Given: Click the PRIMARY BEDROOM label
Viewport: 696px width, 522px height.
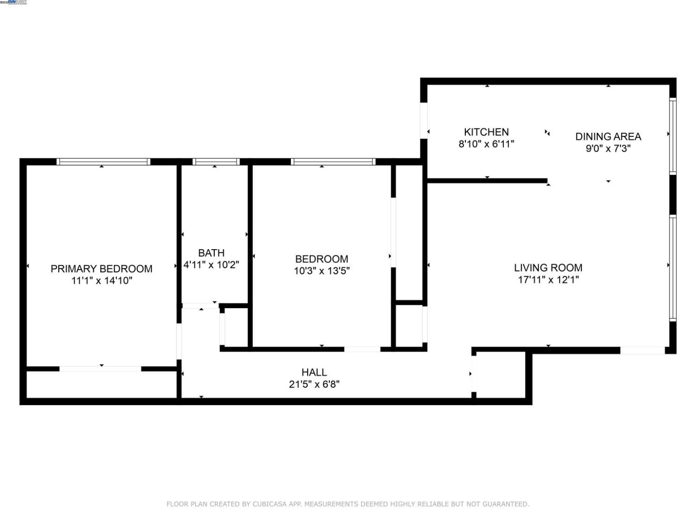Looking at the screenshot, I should tap(101, 269).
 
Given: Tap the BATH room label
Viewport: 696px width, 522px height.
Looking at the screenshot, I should tap(211, 253).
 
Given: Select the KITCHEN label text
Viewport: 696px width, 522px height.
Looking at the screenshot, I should tap(486, 132).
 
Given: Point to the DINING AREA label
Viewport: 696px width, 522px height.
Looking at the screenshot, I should tap(608, 136).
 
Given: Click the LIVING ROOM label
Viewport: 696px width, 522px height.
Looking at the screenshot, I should tap(548, 268).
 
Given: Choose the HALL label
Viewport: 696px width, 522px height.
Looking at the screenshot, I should tap(314, 372).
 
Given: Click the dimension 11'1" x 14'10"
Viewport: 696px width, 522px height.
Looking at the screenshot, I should tap(102, 281).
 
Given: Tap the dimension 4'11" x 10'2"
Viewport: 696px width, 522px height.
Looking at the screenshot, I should tap(211, 265).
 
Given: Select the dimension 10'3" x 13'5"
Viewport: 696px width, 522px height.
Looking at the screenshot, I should tap(322, 271).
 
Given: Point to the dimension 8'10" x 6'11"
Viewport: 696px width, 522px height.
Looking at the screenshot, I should tap(486, 144).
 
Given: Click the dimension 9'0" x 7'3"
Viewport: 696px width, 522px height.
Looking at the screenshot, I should tap(608, 148).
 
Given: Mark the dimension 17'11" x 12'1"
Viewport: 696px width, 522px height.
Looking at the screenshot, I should tap(548, 280).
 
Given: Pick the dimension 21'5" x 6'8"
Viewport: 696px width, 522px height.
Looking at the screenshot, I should tap(314, 384).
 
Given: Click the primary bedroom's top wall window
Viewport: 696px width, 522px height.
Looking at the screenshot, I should tap(103, 162).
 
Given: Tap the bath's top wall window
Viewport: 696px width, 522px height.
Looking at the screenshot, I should tap(216, 162).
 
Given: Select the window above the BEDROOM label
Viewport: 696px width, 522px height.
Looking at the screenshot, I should tap(333, 162).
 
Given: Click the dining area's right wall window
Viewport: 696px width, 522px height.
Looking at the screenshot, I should tap(672, 135).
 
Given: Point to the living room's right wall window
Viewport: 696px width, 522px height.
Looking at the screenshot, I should tap(672, 268).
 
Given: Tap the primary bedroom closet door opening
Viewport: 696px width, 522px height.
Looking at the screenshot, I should tap(100, 369).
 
